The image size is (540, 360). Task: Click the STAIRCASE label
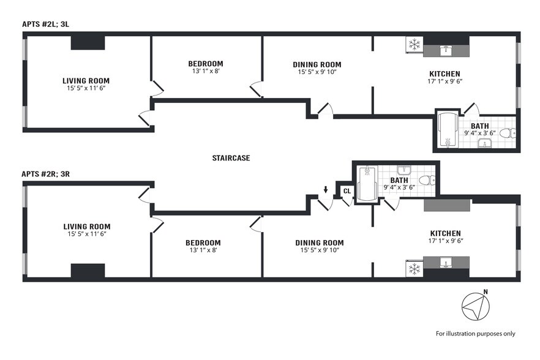pos(231,158)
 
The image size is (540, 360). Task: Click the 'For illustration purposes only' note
pos(475,334)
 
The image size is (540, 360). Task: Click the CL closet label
pos(347,191)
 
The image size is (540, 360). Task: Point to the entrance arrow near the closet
pos(326,189)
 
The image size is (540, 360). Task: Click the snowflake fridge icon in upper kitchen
pos(414,45)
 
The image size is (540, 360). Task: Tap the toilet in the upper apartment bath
pos(505,133)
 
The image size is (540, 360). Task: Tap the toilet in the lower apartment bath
pos(430,180)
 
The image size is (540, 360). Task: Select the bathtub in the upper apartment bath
pos(448,130)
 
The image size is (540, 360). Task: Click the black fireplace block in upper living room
pos(89,43)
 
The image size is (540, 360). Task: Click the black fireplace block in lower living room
pos(89,270)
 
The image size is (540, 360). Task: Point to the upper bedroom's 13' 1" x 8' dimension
pos(205,72)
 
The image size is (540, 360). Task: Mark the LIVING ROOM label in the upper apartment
pos(86,80)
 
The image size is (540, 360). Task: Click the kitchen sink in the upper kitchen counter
pos(446,48)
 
